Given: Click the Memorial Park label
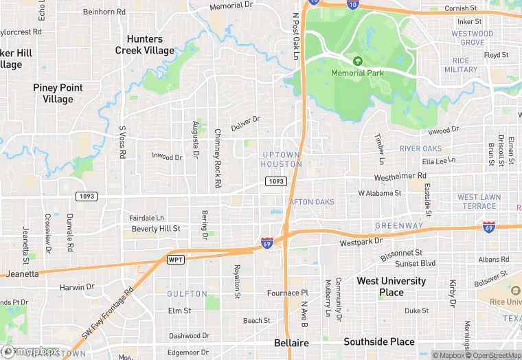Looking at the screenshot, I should [x=357, y=73].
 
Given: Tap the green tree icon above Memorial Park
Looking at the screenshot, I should [x=357, y=61].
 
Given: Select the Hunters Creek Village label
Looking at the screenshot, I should [x=145, y=45].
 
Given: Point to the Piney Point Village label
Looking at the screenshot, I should [x=58, y=93].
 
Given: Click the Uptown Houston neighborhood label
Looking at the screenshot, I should [x=282, y=159].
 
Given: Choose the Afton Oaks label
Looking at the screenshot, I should [x=312, y=202].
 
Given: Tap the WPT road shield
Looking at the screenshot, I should [x=176, y=259].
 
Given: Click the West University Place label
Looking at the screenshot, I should [x=391, y=286].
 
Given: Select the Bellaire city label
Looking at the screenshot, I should [x=291, y=343].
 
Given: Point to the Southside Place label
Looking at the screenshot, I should [x=379, y=341].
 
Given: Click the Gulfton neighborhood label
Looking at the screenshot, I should [x=187, y=293].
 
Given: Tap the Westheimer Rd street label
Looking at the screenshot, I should [x=396, y=177].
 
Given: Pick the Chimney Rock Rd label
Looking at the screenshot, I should [x=218, y=159].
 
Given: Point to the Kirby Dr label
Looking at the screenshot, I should [x=453, y=293].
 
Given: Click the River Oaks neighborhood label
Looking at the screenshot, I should [x=420, y=148].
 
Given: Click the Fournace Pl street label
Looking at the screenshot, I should [x=288, y=293].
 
